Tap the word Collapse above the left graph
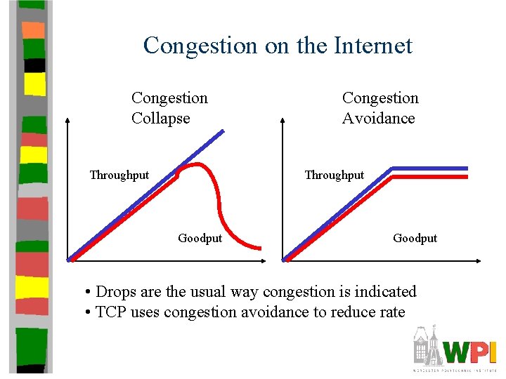tap(160, 118)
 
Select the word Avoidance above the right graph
tap(378, 118)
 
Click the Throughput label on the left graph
tap(119, 175)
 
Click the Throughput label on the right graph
tap(334, 175)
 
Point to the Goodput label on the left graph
tap(200, 238)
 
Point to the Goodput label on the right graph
tap(415, 238)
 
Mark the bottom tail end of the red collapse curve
tap(259, 247)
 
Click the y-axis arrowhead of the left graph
tap(67, 121)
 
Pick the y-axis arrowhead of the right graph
tap(283, 121)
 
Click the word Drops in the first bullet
tap(115, 291)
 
